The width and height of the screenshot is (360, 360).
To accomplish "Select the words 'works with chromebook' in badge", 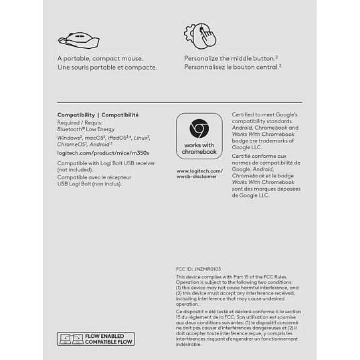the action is click(x=199, y=149).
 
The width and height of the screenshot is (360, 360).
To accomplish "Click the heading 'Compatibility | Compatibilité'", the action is click(x=98, y=114).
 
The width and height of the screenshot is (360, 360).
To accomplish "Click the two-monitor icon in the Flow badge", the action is click(x=72, y=339).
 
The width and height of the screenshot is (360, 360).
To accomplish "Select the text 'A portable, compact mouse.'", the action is click(x=100, y=58).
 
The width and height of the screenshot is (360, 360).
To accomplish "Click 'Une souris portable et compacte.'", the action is click(x=107, y=67).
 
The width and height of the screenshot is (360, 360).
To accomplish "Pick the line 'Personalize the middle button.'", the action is click(x=230, y=58).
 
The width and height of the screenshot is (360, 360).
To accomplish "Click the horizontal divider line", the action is click(x=179, y=102).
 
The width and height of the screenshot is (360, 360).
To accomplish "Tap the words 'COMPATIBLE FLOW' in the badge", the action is click(x=108, y=342).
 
